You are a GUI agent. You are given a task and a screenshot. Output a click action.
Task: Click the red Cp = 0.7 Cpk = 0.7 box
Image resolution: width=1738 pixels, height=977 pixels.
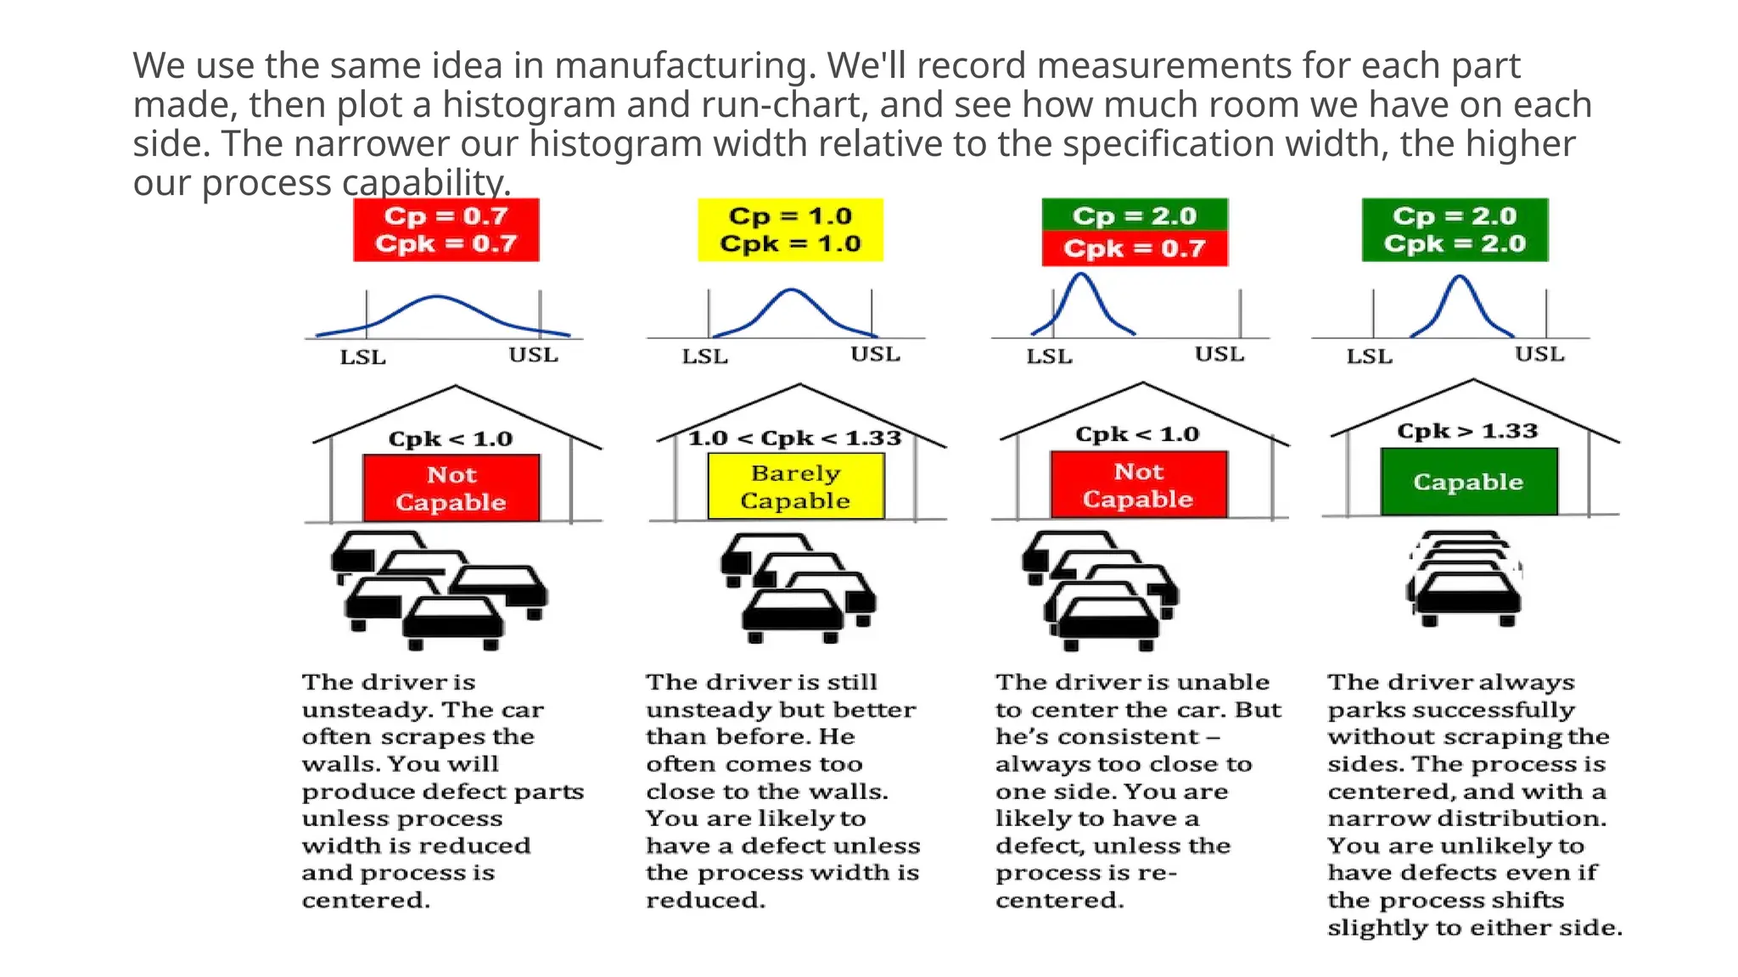coord(446,230)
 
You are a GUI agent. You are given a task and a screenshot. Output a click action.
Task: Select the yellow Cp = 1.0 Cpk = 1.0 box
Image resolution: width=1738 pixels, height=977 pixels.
coord(790,230)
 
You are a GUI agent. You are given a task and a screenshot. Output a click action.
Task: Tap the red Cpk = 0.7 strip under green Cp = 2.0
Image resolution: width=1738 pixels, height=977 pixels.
coord(1135,249)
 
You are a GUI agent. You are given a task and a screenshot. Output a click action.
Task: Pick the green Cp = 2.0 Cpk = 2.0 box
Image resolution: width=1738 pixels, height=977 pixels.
coord(1455,230)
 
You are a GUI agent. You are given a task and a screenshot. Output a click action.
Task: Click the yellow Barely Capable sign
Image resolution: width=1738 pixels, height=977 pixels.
coord(795,487)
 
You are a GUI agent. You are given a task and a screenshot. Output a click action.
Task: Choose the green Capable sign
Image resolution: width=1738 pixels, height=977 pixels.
coord(1468,482)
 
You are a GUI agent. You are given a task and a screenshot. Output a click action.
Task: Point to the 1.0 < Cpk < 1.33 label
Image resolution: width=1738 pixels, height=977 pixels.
coord(794,438)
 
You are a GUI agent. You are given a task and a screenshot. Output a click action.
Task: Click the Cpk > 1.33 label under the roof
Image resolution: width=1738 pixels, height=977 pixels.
coord(1467,431)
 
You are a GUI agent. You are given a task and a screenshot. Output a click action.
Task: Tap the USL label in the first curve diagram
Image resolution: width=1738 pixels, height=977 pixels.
coord(533,355)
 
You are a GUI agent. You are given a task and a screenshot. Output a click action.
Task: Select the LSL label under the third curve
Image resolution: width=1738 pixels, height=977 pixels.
coord(1049,356)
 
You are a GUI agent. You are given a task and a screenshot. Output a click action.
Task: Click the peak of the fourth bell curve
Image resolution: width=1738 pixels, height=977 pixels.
coord(1459,276)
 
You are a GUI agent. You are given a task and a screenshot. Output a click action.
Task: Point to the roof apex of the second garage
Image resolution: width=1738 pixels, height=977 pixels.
coord(799,385)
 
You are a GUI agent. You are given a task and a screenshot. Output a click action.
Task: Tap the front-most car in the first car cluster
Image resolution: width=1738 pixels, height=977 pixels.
coord(453,623)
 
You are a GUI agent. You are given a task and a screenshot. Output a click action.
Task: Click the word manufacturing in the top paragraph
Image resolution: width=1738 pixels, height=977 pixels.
coord(685,65)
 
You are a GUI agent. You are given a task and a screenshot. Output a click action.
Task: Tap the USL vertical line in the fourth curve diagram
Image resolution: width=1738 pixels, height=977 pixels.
coord(1546,314)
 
